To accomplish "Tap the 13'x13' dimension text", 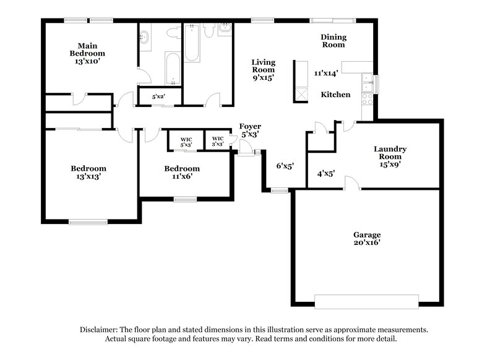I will tap(88, 176).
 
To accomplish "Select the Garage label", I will tap(367, 235).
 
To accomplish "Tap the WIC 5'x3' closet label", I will tap(186, 142).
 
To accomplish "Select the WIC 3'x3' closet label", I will tap(218, 141).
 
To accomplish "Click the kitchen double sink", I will tap(368, 79).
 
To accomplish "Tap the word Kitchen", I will tap(335, 95).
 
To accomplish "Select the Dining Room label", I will tap(333, 41).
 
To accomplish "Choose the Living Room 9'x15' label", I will tap(262, 69).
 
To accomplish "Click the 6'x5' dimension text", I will tap(284, 166).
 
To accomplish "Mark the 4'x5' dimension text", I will tap(326, 174).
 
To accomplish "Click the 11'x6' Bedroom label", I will tap(182, 172).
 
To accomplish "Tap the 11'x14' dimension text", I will tap(325, 73).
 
